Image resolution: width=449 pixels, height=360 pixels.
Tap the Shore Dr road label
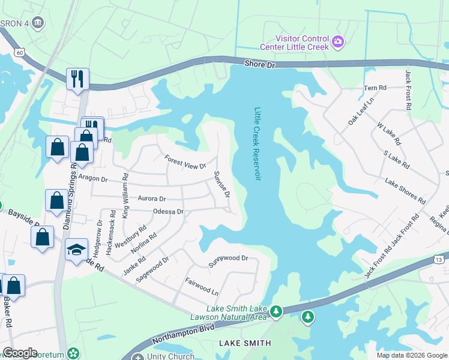point(259,64)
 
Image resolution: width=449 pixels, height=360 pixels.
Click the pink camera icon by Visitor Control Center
point(338,41)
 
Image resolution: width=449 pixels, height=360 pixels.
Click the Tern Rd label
point(375,88)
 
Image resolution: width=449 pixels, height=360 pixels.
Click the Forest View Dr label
point(185,161)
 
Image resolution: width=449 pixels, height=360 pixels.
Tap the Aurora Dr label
point(151,198)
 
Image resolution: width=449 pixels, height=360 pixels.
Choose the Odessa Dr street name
point(168,212)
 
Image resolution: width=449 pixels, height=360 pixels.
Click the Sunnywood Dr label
point(228,258)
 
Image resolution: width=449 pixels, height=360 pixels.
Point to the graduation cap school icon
point(76,249)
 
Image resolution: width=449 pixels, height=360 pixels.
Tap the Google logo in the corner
point(19,353)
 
